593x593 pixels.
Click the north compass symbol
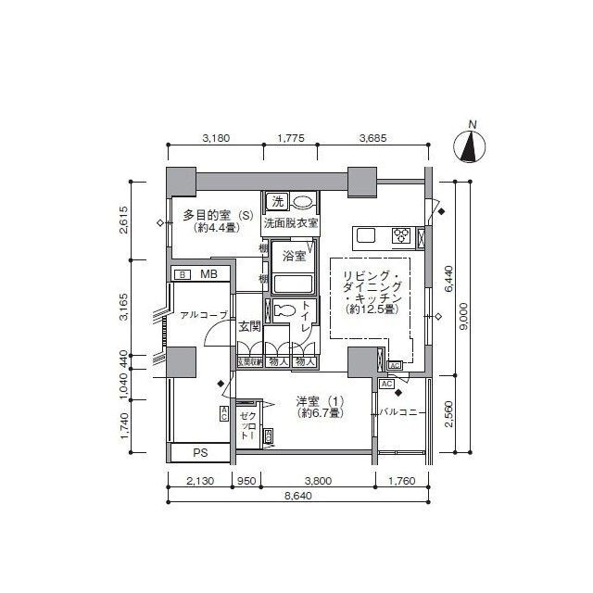pos(472,145)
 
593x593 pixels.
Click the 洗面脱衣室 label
pos(290,223)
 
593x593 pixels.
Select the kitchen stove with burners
pos(403,235)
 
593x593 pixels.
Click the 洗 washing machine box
pos(276,201)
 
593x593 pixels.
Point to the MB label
pos(209,274)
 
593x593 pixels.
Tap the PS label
pos(199,453)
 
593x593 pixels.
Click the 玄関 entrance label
pos(249,326)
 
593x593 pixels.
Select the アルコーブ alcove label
pos(204,315)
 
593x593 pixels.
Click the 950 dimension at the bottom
pos(246,480)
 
